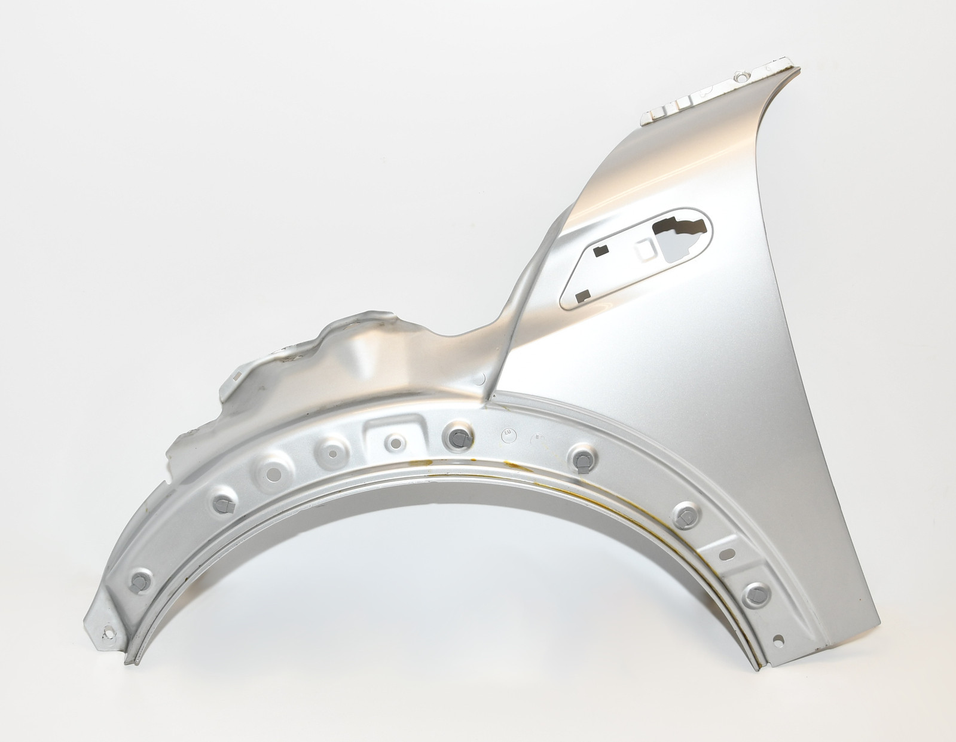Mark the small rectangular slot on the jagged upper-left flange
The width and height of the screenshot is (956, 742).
237,376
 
